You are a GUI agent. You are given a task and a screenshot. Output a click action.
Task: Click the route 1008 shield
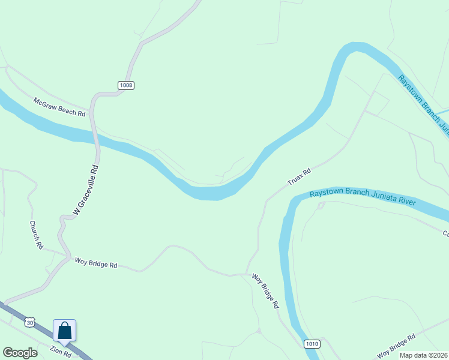coord(125,85)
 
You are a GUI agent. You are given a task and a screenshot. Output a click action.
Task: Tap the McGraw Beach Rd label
coord(59,107)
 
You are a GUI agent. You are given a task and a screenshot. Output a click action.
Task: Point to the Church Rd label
coord(37,235)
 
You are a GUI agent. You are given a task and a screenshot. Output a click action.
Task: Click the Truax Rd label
coord(299,176)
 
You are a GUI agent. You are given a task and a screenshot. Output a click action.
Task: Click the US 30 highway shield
coord(29,323)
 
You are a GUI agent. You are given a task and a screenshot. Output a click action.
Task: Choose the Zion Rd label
coord(61,351)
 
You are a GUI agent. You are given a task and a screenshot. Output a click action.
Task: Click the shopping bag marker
coord(64,331)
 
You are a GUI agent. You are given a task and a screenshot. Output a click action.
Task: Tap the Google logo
coord(20,353)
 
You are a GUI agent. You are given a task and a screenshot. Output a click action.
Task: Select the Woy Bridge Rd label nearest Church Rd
coord(95,263)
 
